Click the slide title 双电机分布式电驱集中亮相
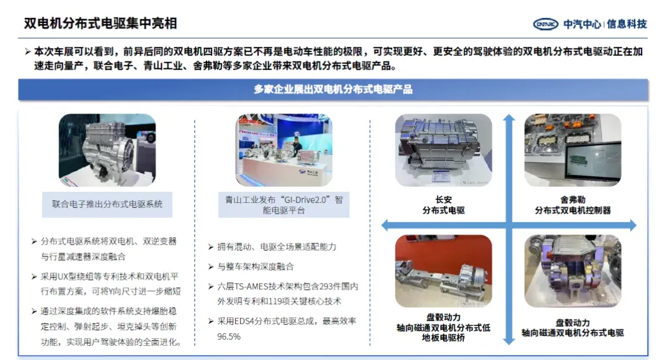click(x=100, y=24)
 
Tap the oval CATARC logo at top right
click(x=546, y=24)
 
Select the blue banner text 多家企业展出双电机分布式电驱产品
click(x=333, y=89)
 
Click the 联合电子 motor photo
click(x=107, y=150)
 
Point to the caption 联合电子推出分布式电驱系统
click(x=107, y=204)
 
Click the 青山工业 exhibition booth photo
click(x=284, y=150)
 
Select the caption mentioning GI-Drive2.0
click(x=284, y=205)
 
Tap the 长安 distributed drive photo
click(x=444, y=150)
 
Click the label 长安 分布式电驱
click(x=444, y=205)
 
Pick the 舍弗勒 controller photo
click(x=573, y=150)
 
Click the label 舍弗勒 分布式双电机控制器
click(x=573, y=205)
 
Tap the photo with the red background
click(x=444, y=271)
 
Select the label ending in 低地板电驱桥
click(x=444, y=328)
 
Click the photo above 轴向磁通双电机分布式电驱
click(x=573, y=271)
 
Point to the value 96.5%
click(x=229, y=337)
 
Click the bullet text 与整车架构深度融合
click(x=256, y=267)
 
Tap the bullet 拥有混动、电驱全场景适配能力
click(x=277, y=247)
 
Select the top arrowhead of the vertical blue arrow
click(x=509, y=117)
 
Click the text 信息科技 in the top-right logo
click(x=627, y=24)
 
